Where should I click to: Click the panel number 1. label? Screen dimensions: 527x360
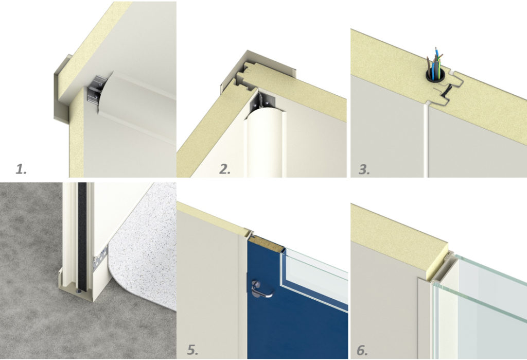coord(21,168)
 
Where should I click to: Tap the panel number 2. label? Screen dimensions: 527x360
coord(225,168)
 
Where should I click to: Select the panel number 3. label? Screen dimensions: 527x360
coord(364,169)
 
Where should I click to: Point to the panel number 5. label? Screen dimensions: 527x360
coord(192,350)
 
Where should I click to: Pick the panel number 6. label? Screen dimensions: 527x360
coord(362,350)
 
